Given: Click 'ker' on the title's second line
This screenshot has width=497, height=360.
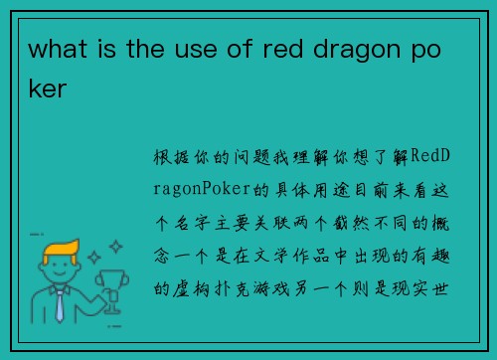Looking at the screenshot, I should click(48, 89).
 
